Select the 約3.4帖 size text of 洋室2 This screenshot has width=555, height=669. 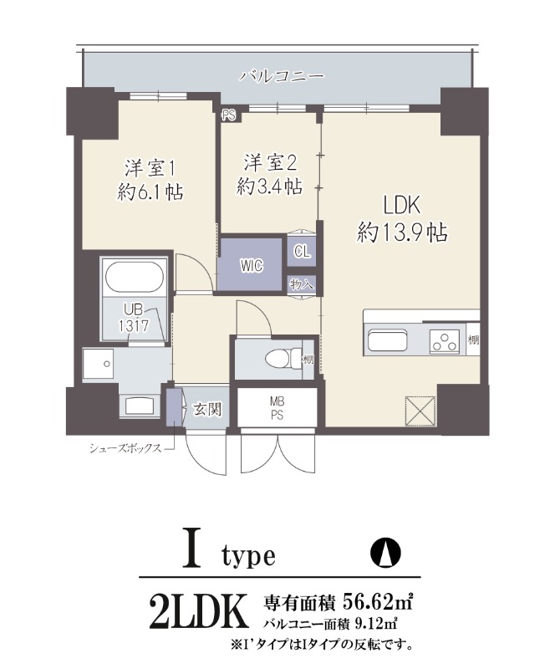pos(269,187)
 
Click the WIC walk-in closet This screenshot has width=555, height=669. pos(252,266)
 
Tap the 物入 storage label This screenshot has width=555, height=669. pos(302,284)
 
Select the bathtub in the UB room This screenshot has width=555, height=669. pos(135,277)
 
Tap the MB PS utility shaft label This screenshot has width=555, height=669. pos(277,409)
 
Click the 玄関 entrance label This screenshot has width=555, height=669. pos(206,409)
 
